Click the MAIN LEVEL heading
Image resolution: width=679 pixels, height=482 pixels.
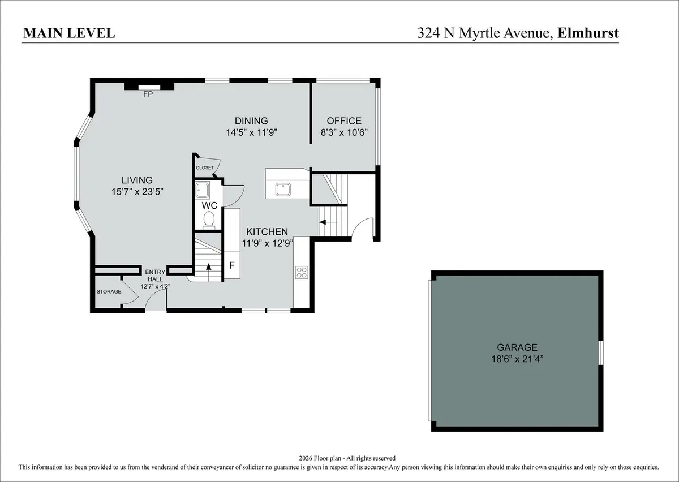point(69,33)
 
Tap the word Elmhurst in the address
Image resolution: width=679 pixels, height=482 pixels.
point(588,33)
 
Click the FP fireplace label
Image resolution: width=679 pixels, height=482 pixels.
point(148,94)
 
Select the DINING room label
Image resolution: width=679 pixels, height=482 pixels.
point(251,120)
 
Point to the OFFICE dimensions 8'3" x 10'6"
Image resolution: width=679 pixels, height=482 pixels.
point(344,132)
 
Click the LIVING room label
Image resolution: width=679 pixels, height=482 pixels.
point(137,180)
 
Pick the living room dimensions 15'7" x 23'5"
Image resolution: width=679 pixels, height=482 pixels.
point(137,192)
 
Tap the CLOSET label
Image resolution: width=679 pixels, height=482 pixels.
point(205,167)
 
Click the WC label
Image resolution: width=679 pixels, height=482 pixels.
point(209,205)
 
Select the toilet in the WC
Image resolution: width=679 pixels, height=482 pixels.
point(209,220)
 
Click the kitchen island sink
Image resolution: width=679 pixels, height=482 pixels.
point(283,190)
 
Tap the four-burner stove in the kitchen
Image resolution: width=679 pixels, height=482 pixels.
point(302,272)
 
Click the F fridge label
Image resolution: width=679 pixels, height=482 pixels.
point(232,265)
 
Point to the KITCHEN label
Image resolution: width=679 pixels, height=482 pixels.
point(267,231)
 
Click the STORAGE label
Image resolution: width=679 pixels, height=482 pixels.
point(109,291)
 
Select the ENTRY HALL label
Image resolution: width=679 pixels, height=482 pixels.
point(155,276)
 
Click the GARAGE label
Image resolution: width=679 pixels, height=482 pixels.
point(517,347)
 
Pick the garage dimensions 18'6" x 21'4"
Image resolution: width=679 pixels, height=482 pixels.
point(517,359)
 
